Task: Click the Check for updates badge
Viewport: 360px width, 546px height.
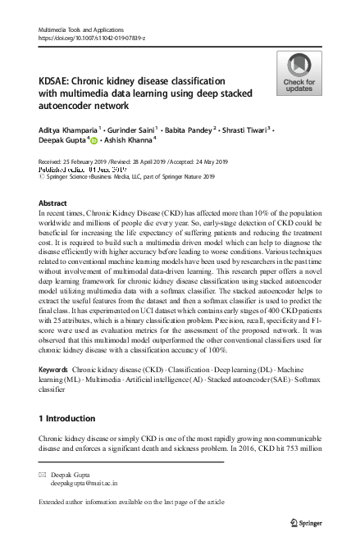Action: pyautogui.click(x=298, y=72)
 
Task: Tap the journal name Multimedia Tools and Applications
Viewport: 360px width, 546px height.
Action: pyautogui.click(x=80, y=29)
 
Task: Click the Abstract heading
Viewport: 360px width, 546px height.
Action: pyautogui.click(x=53, y=202)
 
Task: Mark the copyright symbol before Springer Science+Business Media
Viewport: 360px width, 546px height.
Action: pyautogui.click(x=43, y=176)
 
